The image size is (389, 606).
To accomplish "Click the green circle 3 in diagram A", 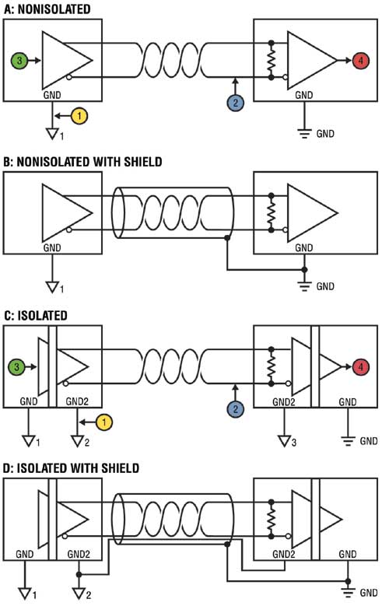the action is point(19,61).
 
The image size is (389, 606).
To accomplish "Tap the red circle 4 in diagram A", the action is point(361,61).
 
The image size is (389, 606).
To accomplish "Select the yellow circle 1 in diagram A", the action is point(79,116).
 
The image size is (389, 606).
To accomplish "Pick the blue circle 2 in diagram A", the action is point(236,103).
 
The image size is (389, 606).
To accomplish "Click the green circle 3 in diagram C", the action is point(16,366).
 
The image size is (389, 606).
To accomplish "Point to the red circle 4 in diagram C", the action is point(361,366).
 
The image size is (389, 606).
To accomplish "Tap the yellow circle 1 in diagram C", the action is point(104,422).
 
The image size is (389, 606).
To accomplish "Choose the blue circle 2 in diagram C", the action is point(236,409).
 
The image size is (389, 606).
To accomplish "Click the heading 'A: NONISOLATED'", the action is point(47,9).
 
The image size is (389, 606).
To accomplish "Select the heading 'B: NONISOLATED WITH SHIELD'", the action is point(82,161).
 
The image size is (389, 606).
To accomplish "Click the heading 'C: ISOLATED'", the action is point(35,315).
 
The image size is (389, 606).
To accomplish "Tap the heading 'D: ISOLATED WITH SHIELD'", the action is point(71,468).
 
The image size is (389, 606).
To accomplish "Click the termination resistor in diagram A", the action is point(271,60).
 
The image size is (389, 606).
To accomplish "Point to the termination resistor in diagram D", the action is point(271,519).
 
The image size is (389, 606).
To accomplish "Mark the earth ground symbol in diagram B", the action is point(304,286).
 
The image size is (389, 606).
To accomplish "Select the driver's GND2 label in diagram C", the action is point(77,401).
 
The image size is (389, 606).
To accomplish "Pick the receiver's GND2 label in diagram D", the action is point(284,554).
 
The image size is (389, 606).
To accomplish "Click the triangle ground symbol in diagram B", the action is point(52,288).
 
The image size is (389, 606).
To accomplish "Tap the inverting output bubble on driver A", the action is point(68,77).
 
